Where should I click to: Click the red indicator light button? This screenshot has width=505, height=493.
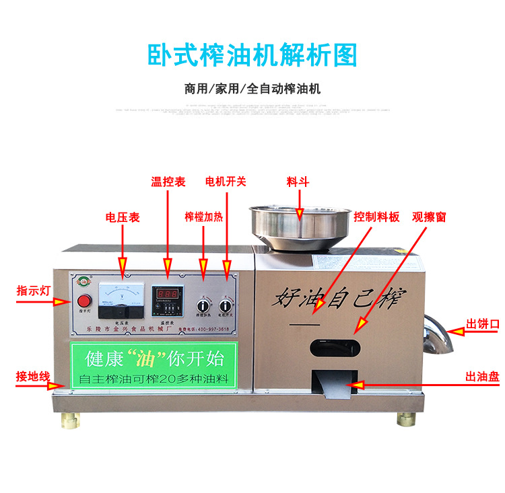click(x=85, y=301)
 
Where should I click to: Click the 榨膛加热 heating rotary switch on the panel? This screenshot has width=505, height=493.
click(x=201, y=307)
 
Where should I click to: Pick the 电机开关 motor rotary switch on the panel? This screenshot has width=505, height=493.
click(x=226, y=307)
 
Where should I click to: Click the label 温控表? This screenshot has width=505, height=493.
click(x=168, y=182)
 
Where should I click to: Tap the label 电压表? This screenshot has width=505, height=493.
click(x=123, y=217)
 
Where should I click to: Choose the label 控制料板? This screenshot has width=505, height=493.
click(x=376, y=217)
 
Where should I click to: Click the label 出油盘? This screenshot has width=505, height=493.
click(x=482, y=377)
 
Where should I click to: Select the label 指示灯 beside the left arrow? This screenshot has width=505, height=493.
click(x=32, y=291)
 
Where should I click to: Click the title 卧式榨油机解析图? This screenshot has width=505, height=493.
click(x=252, y=56)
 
